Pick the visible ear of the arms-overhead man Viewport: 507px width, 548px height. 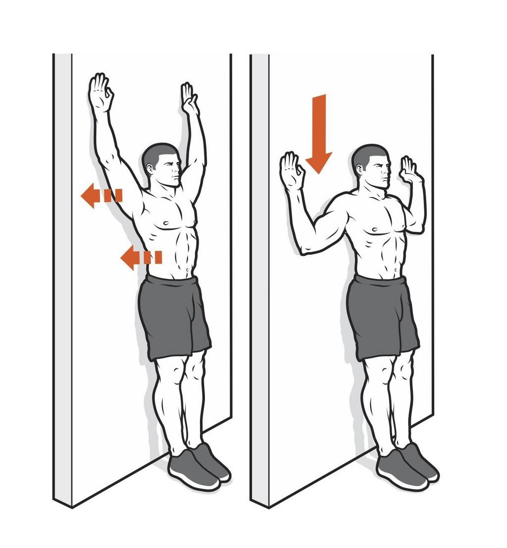click(x=150, y=168)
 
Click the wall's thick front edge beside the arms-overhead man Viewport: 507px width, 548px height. click(x=62, y=277)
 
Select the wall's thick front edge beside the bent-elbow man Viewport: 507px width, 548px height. click(x=260, y=277)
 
